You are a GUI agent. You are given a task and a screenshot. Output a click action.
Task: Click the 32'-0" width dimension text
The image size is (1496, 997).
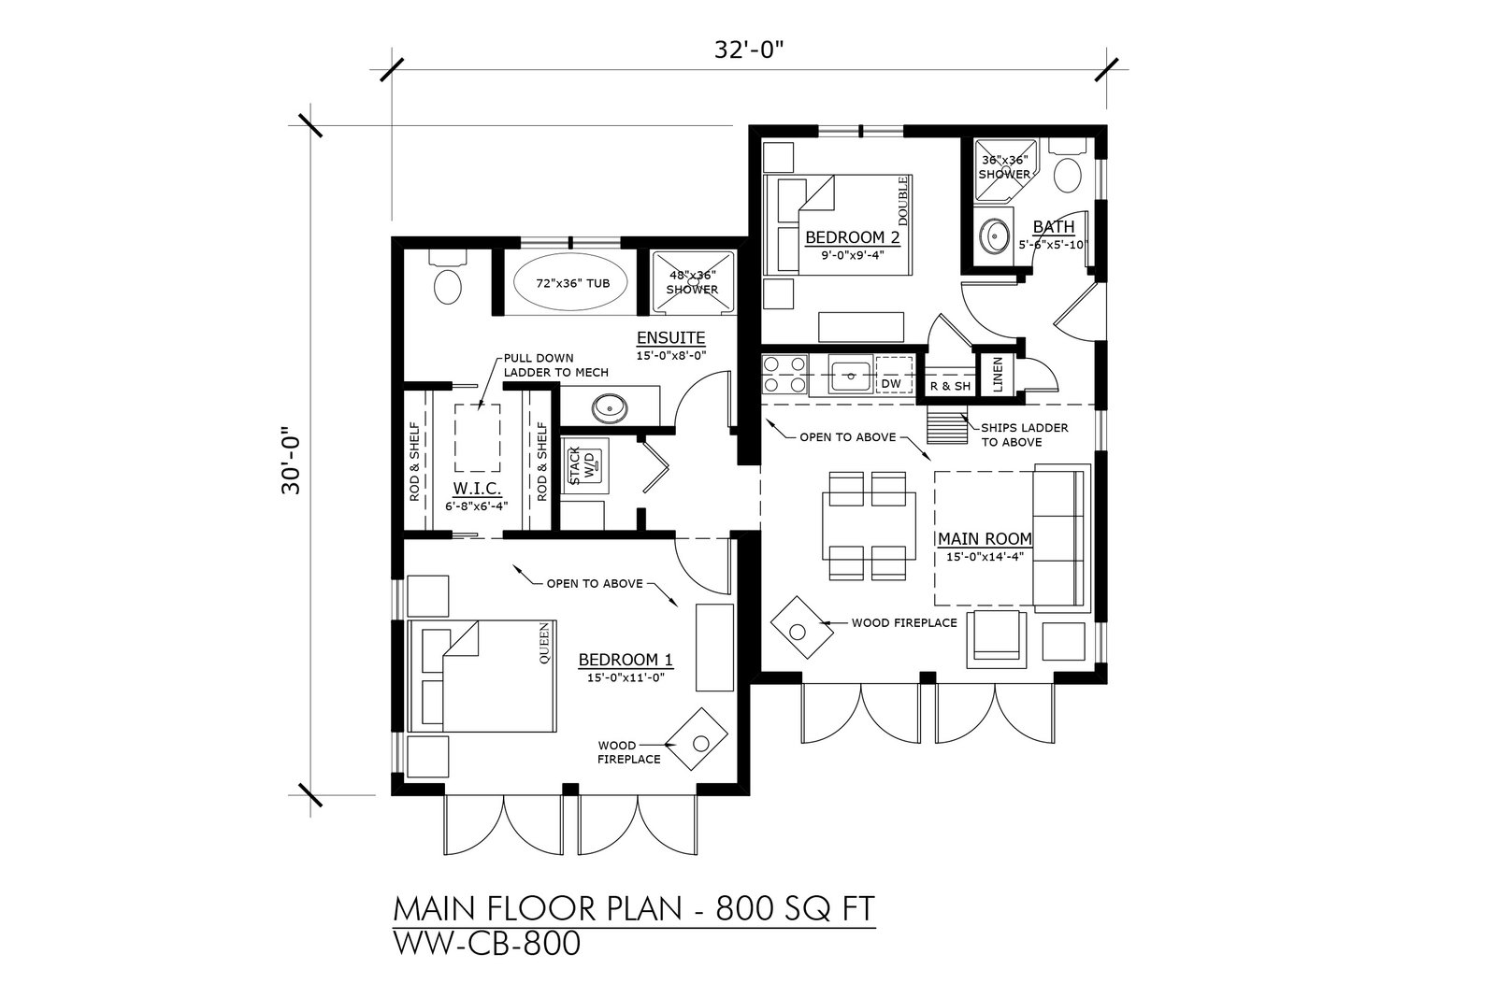click(748, 50)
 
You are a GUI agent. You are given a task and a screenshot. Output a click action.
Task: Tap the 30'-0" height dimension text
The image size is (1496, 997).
click(291, 461)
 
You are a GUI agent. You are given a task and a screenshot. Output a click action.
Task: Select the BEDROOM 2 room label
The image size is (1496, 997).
click(852, 237)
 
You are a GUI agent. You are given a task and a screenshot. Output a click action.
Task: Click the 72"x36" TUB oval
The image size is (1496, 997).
click(570, 281)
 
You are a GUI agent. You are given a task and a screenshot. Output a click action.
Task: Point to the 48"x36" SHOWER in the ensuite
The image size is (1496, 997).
click(693, 281)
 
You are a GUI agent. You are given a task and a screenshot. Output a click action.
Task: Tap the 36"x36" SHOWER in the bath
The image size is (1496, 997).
click(1005, 169)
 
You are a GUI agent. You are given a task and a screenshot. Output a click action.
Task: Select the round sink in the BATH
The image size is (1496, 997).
click(995, 236)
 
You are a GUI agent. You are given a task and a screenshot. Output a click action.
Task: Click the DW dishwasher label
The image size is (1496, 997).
click(892, 384)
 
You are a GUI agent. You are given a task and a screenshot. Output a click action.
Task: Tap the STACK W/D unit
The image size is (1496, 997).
click(584, 466)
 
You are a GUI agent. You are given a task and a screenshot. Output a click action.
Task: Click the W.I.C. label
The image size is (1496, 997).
click(477, 489)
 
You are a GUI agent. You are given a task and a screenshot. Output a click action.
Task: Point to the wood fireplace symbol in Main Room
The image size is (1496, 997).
click(801, 627)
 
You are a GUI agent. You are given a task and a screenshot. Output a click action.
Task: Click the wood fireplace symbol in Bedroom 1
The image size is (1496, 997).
click(697, 739)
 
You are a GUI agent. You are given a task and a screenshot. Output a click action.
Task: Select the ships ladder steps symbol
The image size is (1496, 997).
click(947, 427)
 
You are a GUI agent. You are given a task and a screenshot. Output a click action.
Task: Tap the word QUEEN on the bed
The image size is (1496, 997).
click(544, 643)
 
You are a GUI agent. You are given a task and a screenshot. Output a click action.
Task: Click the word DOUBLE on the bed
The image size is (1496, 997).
click(903, 200)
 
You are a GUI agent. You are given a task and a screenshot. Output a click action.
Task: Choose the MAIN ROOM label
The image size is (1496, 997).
click(985, 538)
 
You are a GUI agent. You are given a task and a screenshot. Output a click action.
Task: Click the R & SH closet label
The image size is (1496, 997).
click(950, 387)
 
